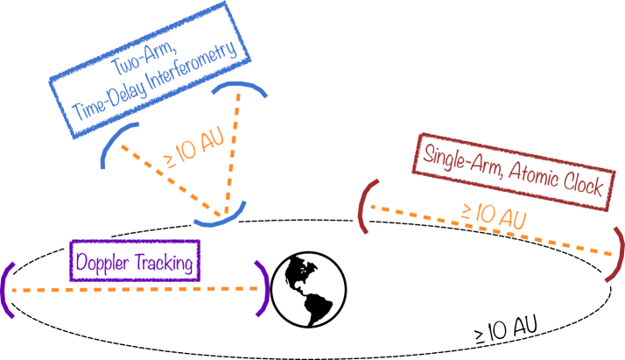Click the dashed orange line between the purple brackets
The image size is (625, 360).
coord(131,289)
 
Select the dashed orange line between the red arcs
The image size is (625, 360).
coord(490,229)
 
